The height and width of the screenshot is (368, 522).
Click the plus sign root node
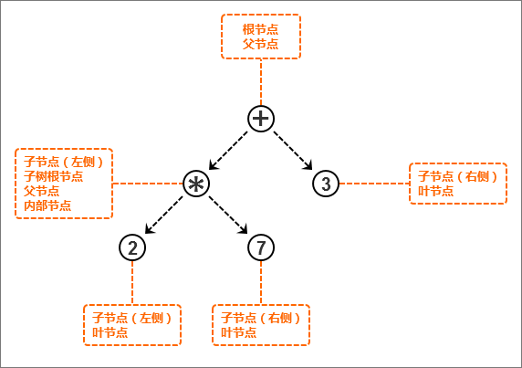[261, 119]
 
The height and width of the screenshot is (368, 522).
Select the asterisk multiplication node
[196, 184]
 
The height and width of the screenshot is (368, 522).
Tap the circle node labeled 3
[326, 184]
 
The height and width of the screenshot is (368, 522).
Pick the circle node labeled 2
[132, 247]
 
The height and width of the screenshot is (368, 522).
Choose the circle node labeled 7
[261, 247]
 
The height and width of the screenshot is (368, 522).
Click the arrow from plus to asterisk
[228, 151]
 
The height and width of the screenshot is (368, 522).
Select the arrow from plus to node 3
[293, 151]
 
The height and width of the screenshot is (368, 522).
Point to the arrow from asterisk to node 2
[164, 215]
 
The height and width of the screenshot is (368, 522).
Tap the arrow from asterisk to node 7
[228, 215]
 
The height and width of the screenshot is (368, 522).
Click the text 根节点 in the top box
[260, 29]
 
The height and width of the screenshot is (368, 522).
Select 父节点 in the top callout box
[260, 44]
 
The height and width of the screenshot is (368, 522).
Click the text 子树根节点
[53, 176]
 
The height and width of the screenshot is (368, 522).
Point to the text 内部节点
[47, 205]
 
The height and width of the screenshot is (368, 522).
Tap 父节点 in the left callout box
[41, 191]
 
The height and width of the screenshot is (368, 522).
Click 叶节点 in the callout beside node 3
[436, 191]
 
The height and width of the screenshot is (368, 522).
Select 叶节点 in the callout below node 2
[110, 332]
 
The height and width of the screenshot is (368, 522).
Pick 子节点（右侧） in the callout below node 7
[260, 318]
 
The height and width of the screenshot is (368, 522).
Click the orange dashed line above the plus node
[261, 82]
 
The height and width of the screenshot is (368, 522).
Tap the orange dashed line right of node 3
[374, 184]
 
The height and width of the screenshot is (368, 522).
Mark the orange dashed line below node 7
[261, 283]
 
